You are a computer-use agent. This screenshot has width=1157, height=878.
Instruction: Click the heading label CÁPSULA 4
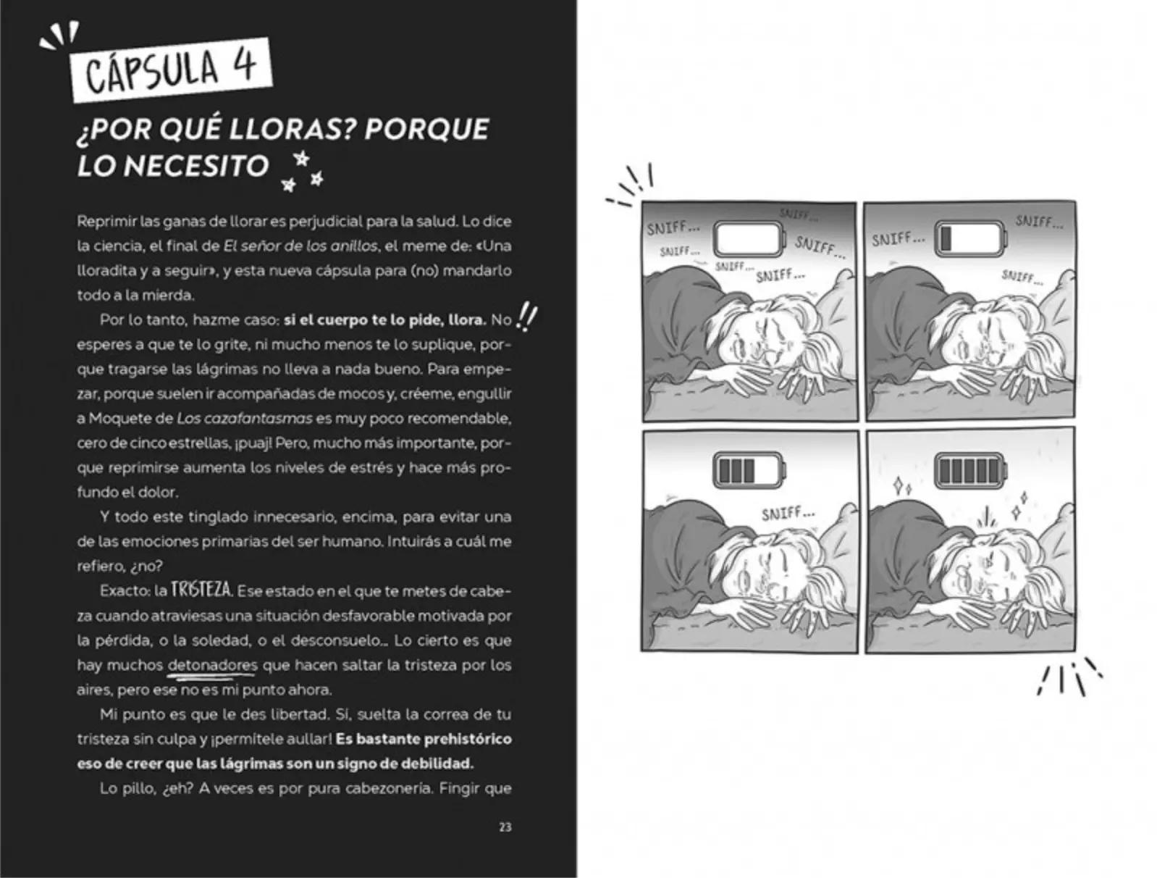tap(171, 70)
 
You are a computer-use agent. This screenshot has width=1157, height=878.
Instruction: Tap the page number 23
tap(505, 827)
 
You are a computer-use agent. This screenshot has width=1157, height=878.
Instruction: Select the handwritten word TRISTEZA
tap(201, 590)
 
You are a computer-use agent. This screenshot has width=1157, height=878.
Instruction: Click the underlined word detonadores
tap(212, 665)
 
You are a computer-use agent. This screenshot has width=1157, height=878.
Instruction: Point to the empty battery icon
tap(749, 239)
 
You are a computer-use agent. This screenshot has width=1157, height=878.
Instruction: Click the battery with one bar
tap(970, 238)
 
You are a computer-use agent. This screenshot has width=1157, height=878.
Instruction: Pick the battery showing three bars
tap(749, 470)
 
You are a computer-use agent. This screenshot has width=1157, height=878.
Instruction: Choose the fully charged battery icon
tap(970, 470)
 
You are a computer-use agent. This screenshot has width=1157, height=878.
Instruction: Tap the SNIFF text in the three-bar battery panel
tap(788, 513)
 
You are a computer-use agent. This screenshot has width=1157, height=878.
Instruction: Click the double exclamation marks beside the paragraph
tap(526, 317)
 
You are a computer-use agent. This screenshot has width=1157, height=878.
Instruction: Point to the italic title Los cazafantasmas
tap(245, 418)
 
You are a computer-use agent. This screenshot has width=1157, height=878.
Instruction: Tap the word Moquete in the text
tap(131, 419)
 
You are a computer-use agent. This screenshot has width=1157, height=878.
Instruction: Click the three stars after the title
tap(302, 172)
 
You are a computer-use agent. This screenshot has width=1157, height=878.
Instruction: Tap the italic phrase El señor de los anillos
tap(300, 246)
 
